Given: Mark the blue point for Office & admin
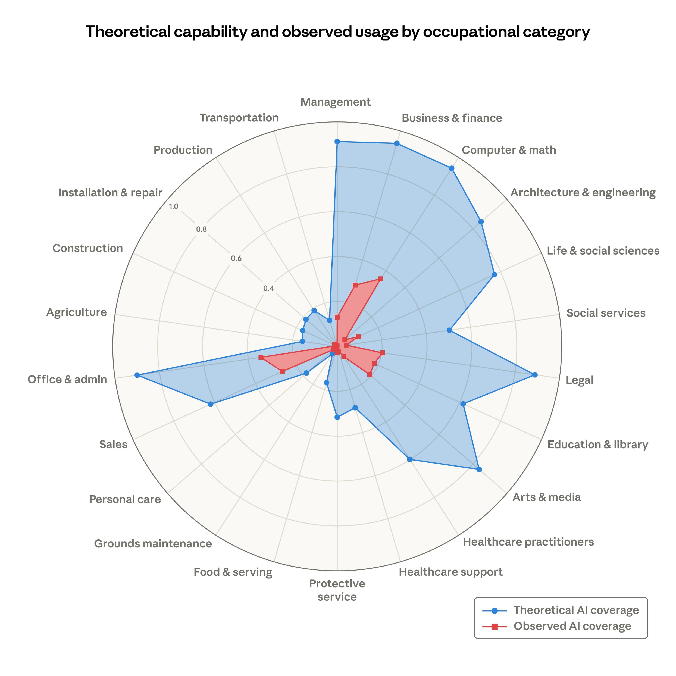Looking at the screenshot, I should click(x=137, y=375).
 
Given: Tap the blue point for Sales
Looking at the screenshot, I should click(x=210, y=405).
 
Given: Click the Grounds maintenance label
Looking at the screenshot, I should click(x=153, y=544).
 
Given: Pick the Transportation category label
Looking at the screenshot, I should click(x=239, y=118).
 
